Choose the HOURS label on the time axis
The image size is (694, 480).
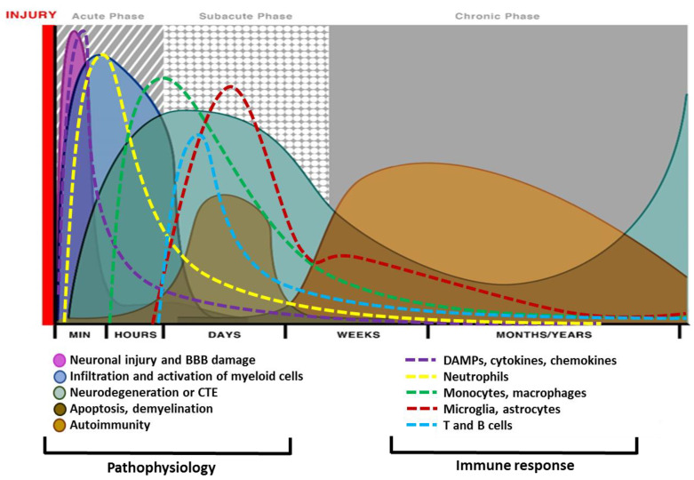point(134,334)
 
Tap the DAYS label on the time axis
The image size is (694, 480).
point(223,334)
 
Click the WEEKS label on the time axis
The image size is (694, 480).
point(358,334)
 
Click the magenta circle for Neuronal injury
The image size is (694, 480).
point(60,361)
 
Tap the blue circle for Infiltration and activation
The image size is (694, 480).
point(60,377)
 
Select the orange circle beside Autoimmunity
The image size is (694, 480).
point(60,425)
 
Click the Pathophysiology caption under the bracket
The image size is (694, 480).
point(160,466)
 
